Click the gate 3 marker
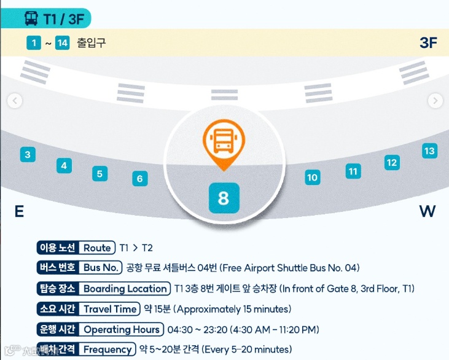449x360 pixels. [x=27, y=154]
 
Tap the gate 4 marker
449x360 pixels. [x=64, y=165]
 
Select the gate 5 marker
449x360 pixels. [x=100, y=173]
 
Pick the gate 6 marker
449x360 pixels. [x=140, y=179]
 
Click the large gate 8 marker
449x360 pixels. [x=223, y=198]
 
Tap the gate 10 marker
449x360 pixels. [x=313, y=178]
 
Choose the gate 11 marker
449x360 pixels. [x=353, y=171]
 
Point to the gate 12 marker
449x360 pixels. [x=392, y=162]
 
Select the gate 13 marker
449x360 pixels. [x=429, y=151]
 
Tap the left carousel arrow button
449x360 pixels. [x=15, y=101]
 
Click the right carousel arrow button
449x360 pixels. [x=435, y=101]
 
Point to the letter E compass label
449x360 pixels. [x=19, y=212]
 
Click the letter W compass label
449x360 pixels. [x=427, y=212]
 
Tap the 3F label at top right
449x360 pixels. [x=428, y=42]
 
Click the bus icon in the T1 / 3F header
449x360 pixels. [x=31, y=18]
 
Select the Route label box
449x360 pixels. [x=98, y=248]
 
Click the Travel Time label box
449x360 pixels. [x=110, y=309]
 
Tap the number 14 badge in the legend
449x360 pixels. [x=62, y=43]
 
